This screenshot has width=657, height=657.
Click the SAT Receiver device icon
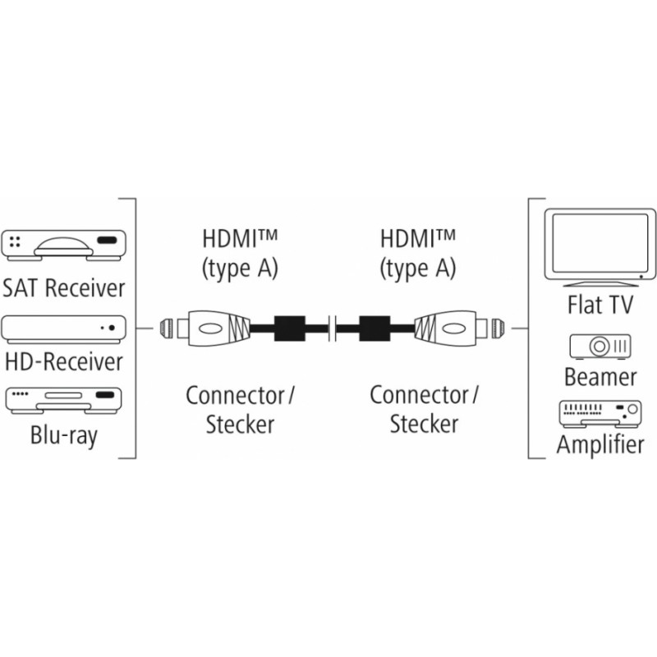point(64,245)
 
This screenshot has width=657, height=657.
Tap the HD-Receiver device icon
point(64,330)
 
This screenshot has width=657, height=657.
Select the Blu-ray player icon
point(64,401)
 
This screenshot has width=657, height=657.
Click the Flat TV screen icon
point(600,247)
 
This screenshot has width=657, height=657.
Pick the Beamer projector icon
point(600,347)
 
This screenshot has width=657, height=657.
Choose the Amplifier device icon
point(600,414)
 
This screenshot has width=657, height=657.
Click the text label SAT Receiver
point(64,288)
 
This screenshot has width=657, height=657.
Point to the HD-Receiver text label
point(64,361)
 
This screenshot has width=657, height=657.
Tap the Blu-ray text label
point(64,436)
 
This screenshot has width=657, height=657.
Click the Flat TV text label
point(600,305)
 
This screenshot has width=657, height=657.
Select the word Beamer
point(600,377)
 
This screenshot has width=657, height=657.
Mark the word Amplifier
point(600,444)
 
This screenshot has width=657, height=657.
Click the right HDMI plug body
point(445,328)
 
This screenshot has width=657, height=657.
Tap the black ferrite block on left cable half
point(290,328)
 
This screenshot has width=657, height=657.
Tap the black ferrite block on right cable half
point(375,328)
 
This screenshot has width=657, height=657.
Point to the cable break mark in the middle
point(333,328)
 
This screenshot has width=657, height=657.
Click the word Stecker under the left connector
point(240,424)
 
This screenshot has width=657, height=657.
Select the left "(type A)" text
point(240,269)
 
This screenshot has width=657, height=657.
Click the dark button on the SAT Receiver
point(107,241)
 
